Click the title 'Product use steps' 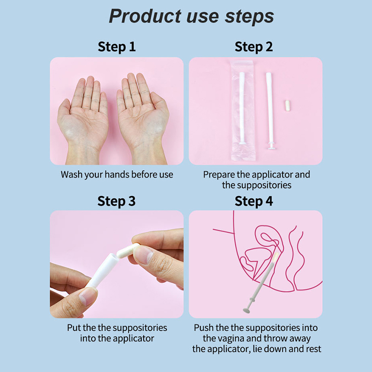click(x=191, y=16)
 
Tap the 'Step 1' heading click(x=117, y=46)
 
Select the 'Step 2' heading click(x=253, y=46)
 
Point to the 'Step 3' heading click(x=117, y=201)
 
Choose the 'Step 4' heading click(x=253, y=201)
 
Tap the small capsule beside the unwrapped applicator click(x=287, y=106)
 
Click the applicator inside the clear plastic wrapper click(x=242, y=108)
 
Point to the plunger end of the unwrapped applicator click(x=272, y=146)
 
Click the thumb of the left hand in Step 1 click(x=64, y=110)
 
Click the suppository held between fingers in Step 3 click(x=127, y=251)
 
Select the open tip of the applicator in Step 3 click(x=113, y=257)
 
